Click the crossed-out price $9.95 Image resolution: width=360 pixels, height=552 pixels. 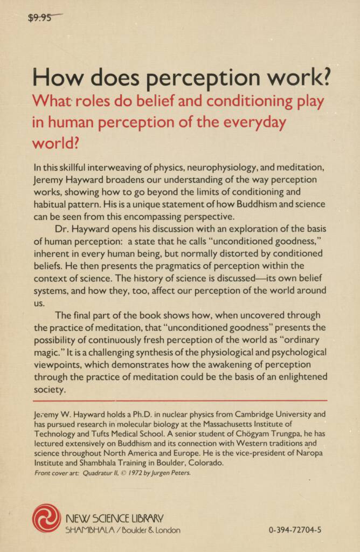40,18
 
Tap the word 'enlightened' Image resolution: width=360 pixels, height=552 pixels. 299,377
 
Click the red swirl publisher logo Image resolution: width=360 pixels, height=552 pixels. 46,518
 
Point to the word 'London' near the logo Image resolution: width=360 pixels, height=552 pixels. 164,530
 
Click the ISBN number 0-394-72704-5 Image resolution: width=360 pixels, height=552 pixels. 294,530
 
